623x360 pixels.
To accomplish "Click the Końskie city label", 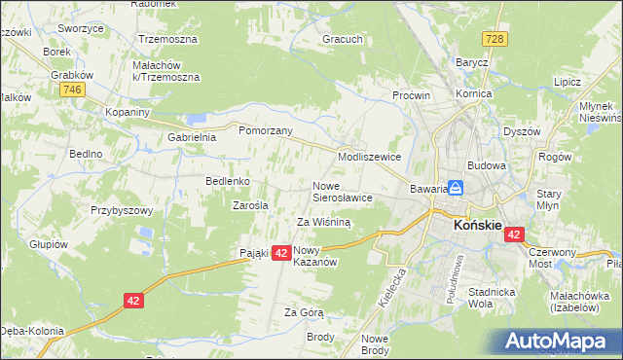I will point(477,226).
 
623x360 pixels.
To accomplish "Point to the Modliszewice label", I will point(369,156).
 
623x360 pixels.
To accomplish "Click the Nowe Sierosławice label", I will point(342,191).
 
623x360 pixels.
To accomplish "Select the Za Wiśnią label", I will point(323,222).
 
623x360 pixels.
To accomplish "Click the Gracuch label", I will point(343,40).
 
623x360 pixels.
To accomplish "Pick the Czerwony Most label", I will point(552,258).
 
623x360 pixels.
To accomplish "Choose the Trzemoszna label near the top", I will point(167,39).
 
